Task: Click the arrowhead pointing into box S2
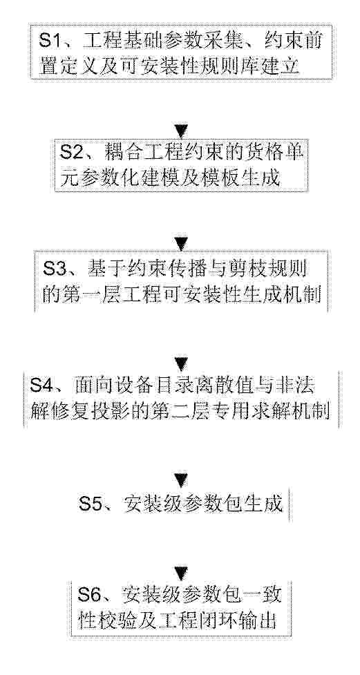[181, 131]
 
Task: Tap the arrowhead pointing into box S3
[181, 244]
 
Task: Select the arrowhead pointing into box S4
[181, 364]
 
